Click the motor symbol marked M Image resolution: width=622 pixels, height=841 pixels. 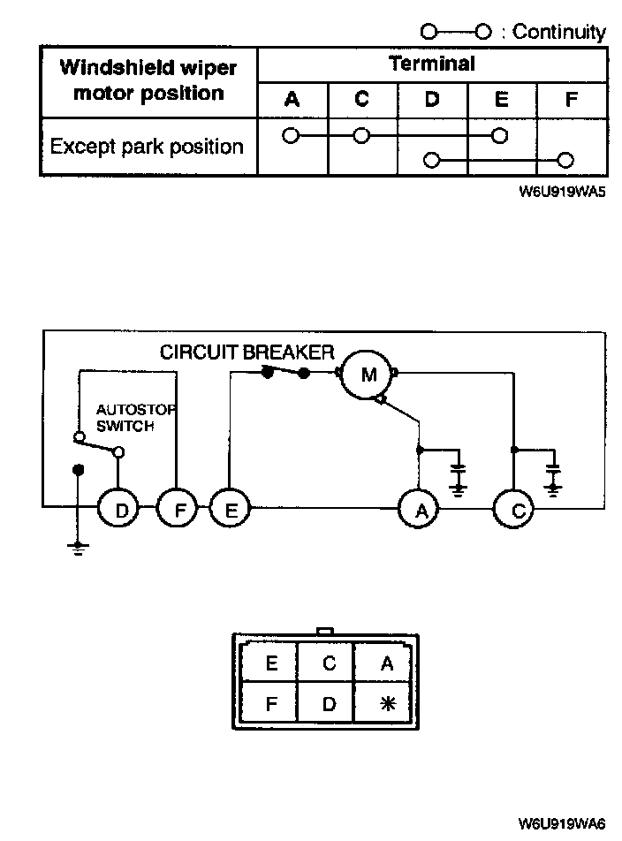pyautogui.click(x=368, y=375)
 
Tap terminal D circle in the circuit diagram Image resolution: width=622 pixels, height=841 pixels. pyautogui.click(x=118, y=509)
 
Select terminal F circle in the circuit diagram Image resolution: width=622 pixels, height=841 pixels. pyautogui.click(x=177, y=509)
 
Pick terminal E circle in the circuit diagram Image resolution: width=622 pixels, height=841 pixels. pyautogui.click(x=230, y=509)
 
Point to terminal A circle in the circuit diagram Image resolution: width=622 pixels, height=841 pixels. pyautogui.click(x=419, y=509)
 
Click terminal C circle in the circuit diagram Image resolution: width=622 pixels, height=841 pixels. pyautogui.click(x=513, y=509)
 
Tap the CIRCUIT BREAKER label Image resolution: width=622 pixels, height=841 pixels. pyautogui.click(x=247, y=352)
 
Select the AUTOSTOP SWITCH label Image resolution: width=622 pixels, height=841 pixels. pyautogui.click(x=136, y=418)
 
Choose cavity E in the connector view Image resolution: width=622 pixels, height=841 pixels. pyautogui.click(x=271, y=663)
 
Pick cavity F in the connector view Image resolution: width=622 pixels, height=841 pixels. pyautogui.click(x=271, y=703)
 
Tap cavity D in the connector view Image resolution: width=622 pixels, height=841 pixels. pyautogui.click(x=329, y=703)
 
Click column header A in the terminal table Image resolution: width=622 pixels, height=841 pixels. pyautogui.click(x=292, y=99)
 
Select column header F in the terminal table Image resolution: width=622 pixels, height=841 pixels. pyautogui.click(x=572, y=99)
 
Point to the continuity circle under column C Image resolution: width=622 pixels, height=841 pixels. pyautogui.click(x=362, y=136)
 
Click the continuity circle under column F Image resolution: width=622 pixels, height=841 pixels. pyautogui.click(x=565, y=160)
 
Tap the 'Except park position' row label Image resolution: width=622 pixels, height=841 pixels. pyautogui.click(x=147, y=147)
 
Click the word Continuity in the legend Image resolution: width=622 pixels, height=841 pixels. pyautogui.click(x=558, y=32)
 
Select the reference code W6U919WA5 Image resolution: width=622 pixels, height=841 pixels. pyautogui.click(x=562, y=192)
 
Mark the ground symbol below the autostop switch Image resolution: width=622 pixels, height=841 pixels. pyautogui.click(x=79, y=548)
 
